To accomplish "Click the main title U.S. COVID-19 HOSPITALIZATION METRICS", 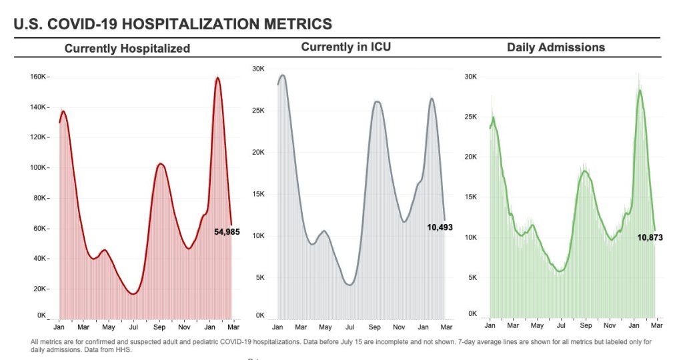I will [x=173, y=24].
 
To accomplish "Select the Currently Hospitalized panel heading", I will [x=127, y=48].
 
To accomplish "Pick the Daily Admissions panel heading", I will [x=556, y=47].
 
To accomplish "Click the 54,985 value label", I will [x=227, y=232].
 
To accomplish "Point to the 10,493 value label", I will [x=440, y=227].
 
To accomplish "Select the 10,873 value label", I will [x=650, y=237].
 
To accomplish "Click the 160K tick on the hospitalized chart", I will [x=38, y=77].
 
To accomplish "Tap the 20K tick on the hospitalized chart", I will [x=40, y=289].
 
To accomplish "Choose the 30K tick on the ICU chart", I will [x=259, y=69].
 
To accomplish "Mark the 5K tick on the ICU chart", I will [x=261, y=277].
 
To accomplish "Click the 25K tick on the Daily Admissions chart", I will [x=471, y=117].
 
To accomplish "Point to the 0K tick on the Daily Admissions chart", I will [x=472, y=313].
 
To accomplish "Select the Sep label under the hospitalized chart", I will [x=159, y=327].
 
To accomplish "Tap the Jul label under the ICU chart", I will [x=350, y=327].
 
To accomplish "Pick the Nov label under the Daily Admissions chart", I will [x=610, y=326].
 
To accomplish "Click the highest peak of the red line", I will [x=217, y=78].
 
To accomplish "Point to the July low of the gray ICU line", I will [x=350, y=285].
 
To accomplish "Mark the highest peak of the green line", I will [x=640, y=90].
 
